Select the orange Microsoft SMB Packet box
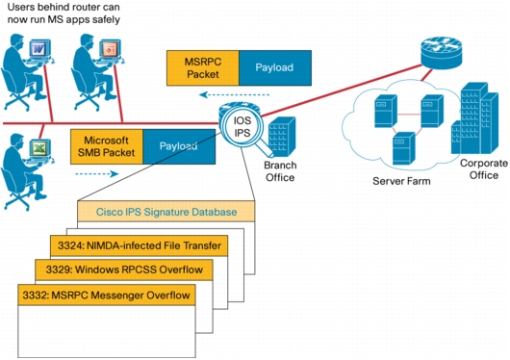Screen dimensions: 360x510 coord(107,146)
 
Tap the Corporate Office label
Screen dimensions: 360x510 coord(478,169)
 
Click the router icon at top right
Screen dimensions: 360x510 coord(433,46)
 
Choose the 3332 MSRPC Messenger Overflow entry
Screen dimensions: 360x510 coord(107,294)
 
